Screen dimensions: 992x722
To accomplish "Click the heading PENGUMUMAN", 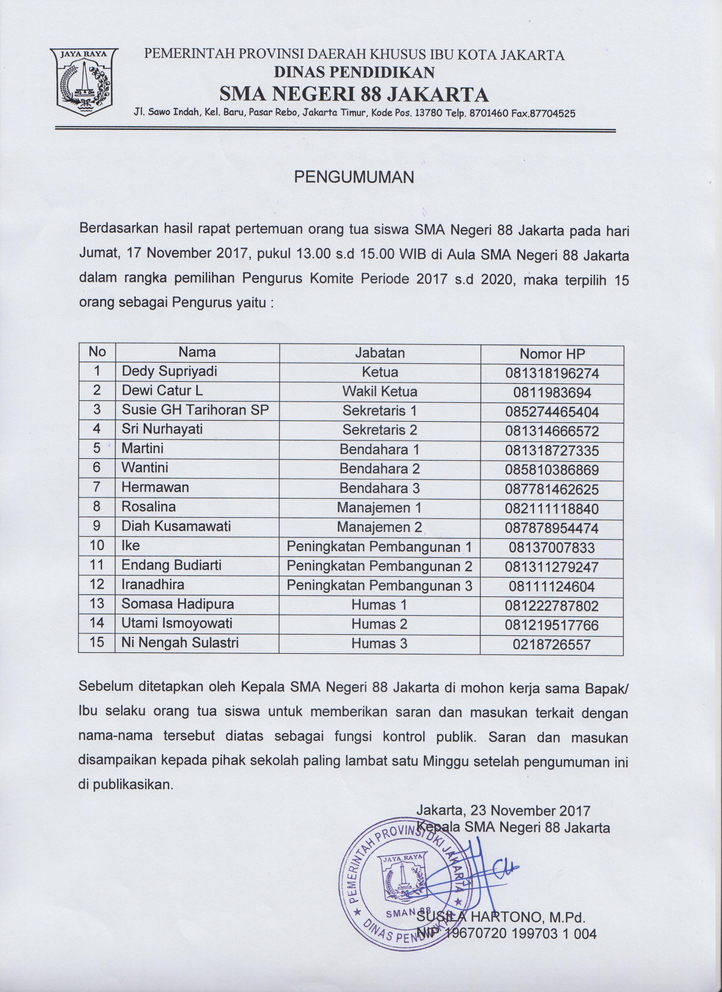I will click(x=354, y=177).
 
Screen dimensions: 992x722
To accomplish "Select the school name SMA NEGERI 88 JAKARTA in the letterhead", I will click(x=354, y=94).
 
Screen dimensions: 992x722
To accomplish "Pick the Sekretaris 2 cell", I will click(x=379, y=430).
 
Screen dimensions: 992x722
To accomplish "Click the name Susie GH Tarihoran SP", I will click(x=195, y=410).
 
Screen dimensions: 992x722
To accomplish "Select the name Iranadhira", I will click(x=153, y=584).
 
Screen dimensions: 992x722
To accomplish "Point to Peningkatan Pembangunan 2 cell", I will click(x=379, y=566).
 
